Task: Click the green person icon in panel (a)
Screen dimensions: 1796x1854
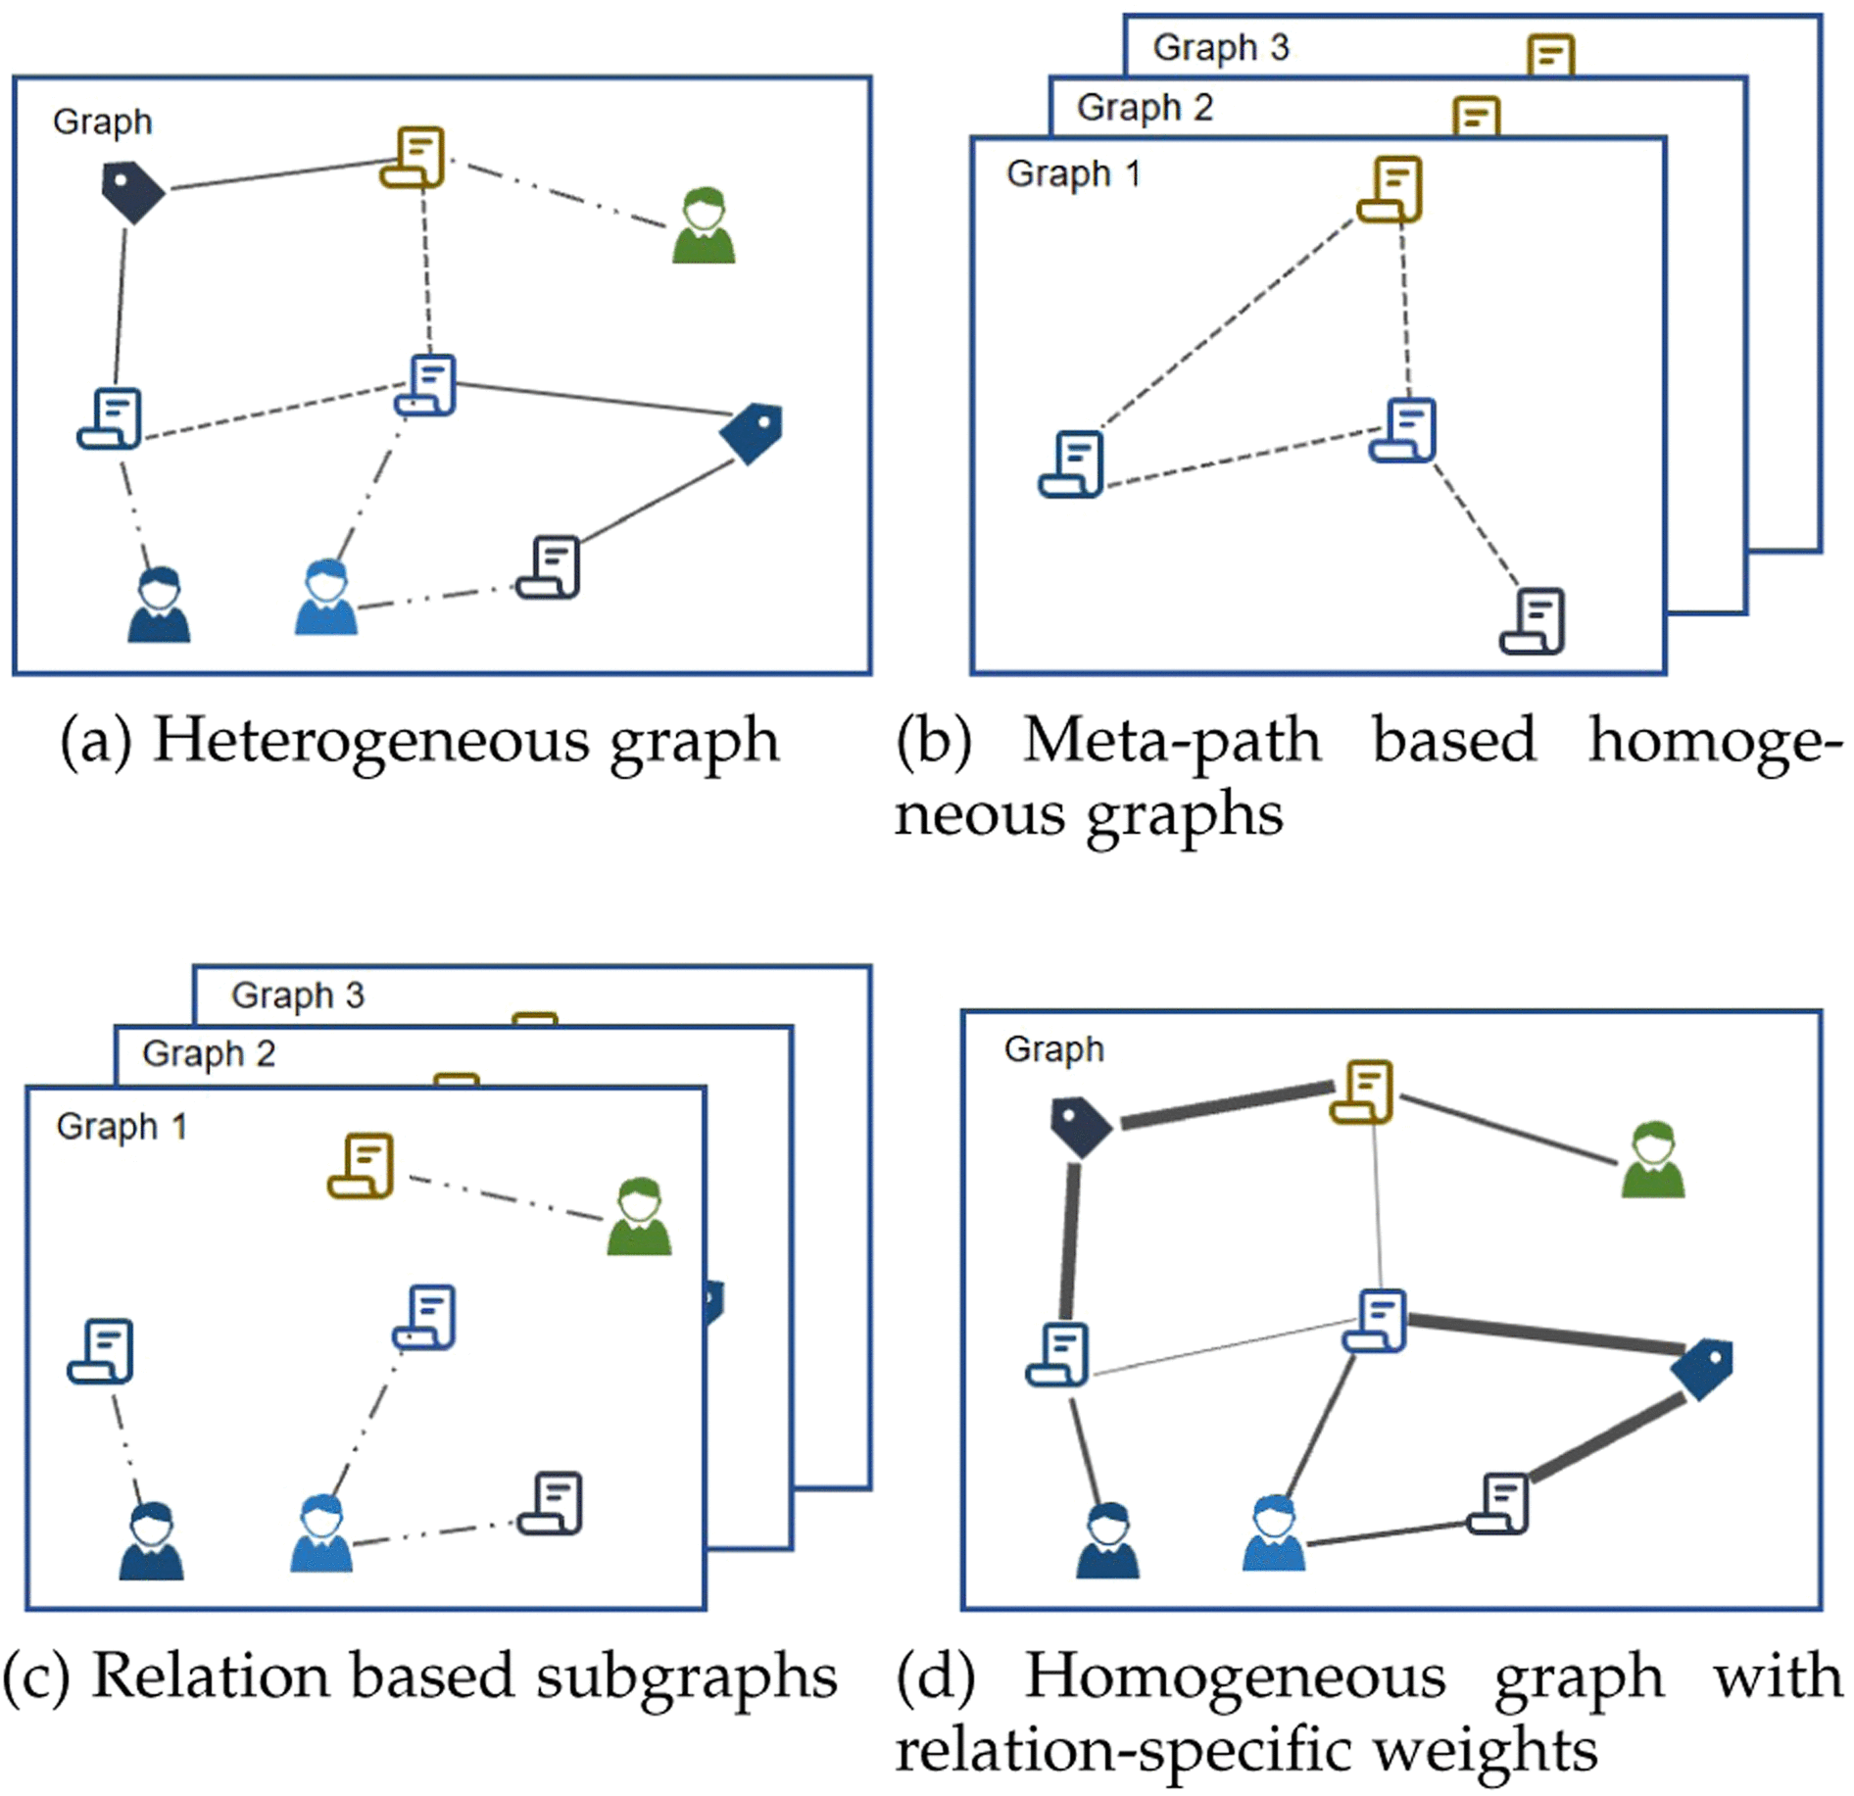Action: coord(704,225)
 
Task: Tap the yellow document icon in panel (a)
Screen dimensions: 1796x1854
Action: coord(413,157)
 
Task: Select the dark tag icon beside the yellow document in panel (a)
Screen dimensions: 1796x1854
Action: coord(132,191)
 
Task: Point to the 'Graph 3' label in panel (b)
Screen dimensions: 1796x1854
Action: coord(1221,47)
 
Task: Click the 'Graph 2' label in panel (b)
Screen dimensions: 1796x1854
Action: coord(1145,107)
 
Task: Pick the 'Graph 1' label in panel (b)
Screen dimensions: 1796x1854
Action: coord(1073,173)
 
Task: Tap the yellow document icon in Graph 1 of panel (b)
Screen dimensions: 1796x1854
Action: coord(1390,188)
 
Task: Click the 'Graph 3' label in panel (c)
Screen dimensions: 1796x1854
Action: coord(298,995)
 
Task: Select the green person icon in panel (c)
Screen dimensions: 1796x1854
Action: coord(639,1216)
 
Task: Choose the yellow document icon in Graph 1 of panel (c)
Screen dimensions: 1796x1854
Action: coord(361,1166)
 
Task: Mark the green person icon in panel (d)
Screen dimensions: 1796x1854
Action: coord(1653,1160)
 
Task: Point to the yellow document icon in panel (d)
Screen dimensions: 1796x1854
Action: coord(1362,1091)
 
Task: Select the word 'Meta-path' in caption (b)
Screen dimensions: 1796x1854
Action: coord(1171,741)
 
